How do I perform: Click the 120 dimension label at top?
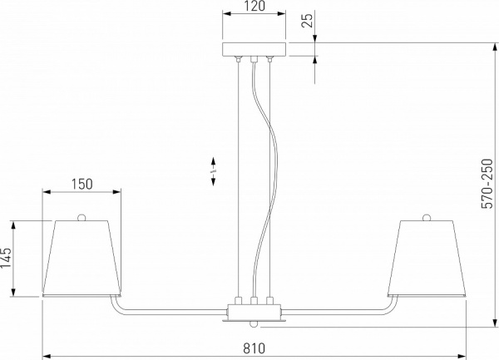click(x=254, y=7)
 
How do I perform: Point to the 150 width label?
click(x=82, y=184)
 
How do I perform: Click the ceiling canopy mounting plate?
click(x=254, y=49)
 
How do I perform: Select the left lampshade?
click(x=82, y=258)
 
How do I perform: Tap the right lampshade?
click(x=426, y=258)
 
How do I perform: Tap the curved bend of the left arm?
click(x=116, y=309)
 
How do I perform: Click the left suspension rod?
click(x=240, y=175)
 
